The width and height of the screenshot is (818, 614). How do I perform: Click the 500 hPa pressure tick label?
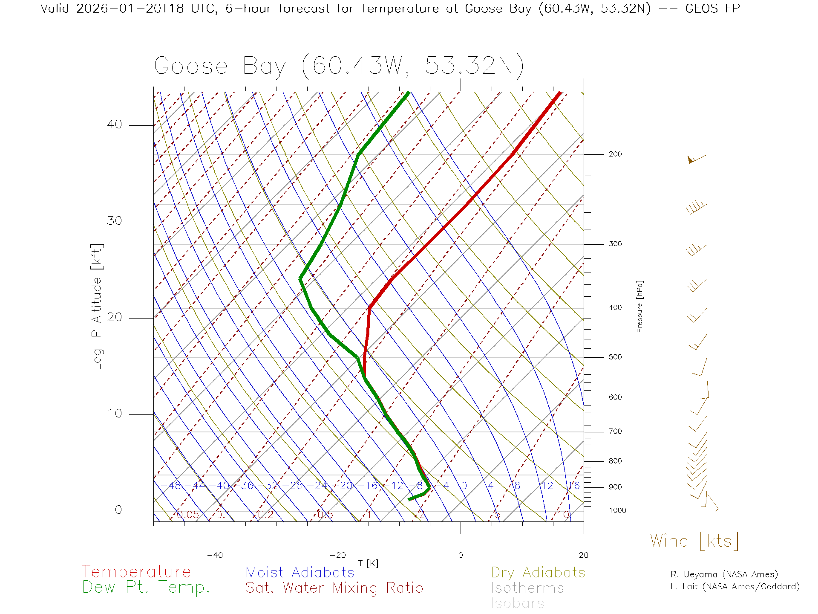pos(615,357)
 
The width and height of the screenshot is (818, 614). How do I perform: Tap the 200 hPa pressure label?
pos(615,154)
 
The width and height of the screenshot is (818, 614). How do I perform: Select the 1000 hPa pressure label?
pos(617,510)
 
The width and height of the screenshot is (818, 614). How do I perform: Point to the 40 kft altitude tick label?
pos(114,125)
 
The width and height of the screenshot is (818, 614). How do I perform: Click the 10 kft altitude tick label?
pos(114,414)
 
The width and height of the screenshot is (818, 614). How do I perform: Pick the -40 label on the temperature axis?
pos(215,555)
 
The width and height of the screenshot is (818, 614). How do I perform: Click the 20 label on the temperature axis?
pos(583,555)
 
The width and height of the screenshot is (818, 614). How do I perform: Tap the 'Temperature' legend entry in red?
pos(136,571)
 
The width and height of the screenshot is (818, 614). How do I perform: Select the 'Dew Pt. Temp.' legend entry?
pos(146,588)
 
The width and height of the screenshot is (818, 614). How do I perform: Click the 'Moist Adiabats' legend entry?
pos(300,572)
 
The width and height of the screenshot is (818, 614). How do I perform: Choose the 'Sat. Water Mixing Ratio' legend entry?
pos(334,588)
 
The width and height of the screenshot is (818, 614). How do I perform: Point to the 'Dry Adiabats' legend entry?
pos(538,572)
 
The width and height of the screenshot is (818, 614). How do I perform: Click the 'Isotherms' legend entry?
pos(527,588)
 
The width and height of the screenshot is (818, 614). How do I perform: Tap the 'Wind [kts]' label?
pos(694,541)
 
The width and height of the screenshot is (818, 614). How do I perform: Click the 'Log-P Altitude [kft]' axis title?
pos(97,307)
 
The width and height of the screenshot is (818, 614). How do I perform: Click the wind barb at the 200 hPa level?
pos(697,158)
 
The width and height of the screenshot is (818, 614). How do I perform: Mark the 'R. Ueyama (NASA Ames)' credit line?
pos(724,574)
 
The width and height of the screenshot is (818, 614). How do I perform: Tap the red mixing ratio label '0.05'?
pos(187,515)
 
